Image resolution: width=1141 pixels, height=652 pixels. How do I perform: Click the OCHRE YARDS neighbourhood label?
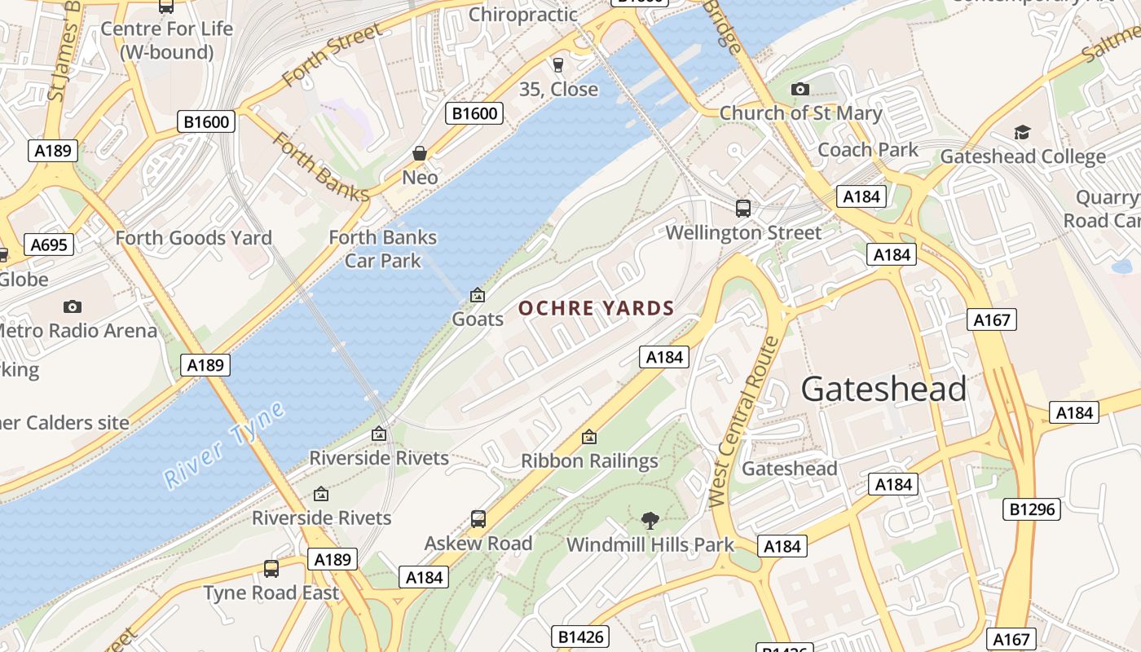pyautogui.click(x=597, y=308)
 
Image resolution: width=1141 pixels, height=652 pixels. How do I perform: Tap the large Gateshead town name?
pyautogui.click(x=883, y=390)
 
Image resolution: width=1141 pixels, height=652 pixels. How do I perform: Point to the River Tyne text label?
pyautogui.click(x=224, y=445)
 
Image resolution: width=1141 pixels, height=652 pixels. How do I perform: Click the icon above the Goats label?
pyautogui.click(x=478, y=295)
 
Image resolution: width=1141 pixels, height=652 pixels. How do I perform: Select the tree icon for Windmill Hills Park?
pyautogui.click(x=650, y=520)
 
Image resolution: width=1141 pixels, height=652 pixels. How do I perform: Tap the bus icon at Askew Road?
pyautogui.click(x=478, y=518)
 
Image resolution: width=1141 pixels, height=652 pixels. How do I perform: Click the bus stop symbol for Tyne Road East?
pyautogui.click(x=271, y=568)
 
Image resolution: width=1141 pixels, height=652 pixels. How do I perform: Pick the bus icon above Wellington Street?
pyautogui.click(x=743, y=208)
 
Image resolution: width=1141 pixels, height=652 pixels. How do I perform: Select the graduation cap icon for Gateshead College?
pyautogui.click(x=1022, y=132)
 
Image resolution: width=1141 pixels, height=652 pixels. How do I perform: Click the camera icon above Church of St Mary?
pyautogui.click(x=800, y=89)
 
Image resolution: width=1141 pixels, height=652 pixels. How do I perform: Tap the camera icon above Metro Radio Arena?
pyautogui.click(x=73, y=306)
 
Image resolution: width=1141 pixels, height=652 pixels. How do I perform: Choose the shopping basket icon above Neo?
pyautogui.click(x=420, y=153)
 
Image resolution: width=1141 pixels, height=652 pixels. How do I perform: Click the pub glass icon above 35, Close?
pyautogui.click(x=558, y=65)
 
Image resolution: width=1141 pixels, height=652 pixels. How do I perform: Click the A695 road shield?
pyautogui.click(x=49, y=244)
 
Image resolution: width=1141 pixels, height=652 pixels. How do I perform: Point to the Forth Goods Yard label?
pyautogui.click(x=193, y=238)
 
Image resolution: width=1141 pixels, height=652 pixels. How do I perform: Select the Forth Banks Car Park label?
pyautogui.click(x=382, y=249)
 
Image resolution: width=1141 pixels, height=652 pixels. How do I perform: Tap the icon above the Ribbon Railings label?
pyautogui.click(x=588, y=437)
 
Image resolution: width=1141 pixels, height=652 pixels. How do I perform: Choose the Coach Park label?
pyautogui.click(x=867, y=150)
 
